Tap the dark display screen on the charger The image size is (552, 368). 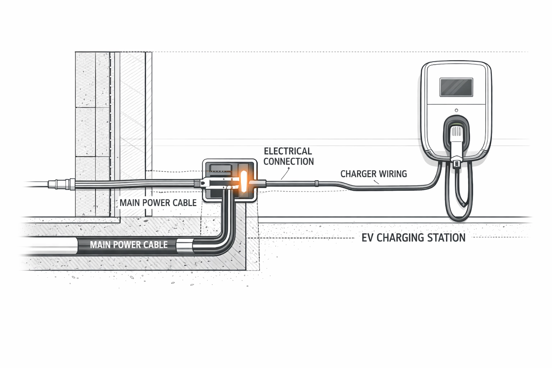[x=456, y=87]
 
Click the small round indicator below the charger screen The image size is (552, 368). [x=456, y=110]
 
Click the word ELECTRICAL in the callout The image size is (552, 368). [x=288, y=151]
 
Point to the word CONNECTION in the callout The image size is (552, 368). [x=289, y=161]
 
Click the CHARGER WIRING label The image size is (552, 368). [x=373, y=174]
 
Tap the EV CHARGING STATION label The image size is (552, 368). [x=413, y=238]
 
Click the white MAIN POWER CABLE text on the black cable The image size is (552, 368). [x=129, y=245]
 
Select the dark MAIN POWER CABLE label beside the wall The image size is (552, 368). [x=158, y=203]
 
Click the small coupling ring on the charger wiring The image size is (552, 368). [x=317, y=184]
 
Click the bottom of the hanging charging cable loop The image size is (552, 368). [x=459, y=218]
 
